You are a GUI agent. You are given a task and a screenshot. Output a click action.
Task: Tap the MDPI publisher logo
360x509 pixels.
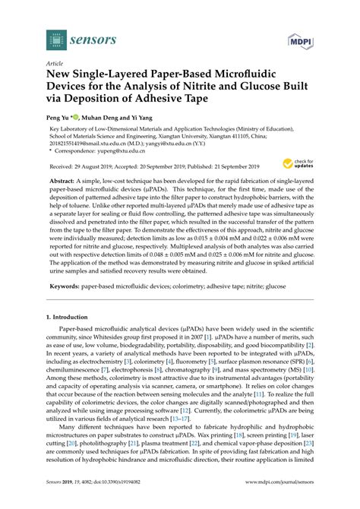coord(301,40)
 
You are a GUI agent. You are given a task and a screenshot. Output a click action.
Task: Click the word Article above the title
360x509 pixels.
coord(55,65)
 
